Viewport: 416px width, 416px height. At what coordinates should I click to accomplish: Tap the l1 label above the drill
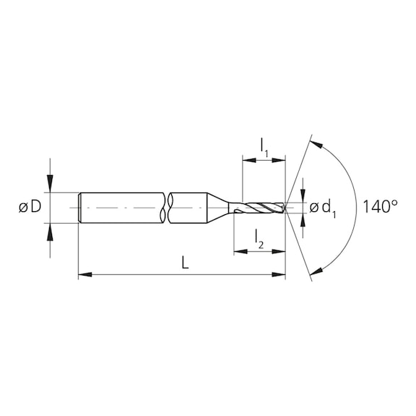point(264,146)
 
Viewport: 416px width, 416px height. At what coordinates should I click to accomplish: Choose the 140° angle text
point(380,207)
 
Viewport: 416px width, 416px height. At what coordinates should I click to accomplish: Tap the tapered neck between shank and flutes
point(220,208)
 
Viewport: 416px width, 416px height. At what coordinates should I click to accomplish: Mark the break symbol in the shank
point(168,208)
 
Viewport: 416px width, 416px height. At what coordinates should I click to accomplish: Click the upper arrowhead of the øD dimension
point(50,187)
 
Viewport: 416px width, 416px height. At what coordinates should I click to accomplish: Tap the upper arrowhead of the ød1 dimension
point(303,196)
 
